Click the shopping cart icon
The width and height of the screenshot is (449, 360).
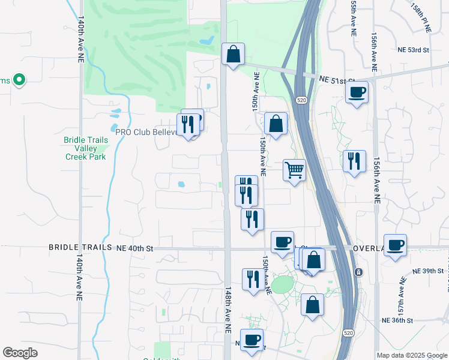point(294,170)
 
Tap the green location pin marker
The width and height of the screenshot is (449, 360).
point(19,79)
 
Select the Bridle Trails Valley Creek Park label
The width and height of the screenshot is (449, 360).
point(86,148)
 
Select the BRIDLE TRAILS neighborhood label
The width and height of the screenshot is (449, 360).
point(80,247)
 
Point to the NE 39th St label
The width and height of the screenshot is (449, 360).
point(428,271)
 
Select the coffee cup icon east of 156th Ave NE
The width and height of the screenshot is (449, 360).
point(395,245)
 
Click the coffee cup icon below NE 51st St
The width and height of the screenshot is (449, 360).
point(357,92)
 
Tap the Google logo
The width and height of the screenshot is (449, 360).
point(20,353)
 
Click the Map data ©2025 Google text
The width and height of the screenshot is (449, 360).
point(412,355)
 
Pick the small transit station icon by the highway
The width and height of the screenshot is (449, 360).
point(358,272)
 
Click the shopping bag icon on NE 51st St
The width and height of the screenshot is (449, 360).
point(232,55)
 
